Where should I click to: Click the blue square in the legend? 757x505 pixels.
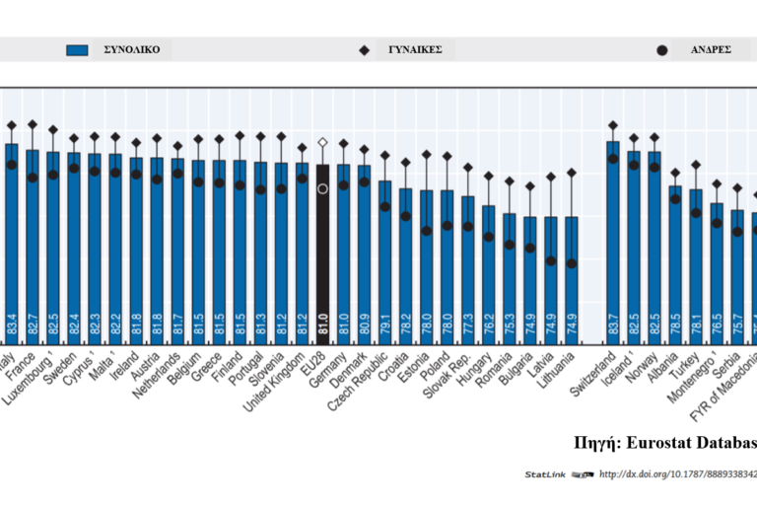pos(78,49)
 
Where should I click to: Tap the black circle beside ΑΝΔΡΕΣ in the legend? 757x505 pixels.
pos(662,49)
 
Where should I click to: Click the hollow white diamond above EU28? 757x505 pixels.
pos(322,143)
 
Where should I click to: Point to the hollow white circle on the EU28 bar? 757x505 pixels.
pos(322,187)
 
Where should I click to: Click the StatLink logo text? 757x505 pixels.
pos(544,475)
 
